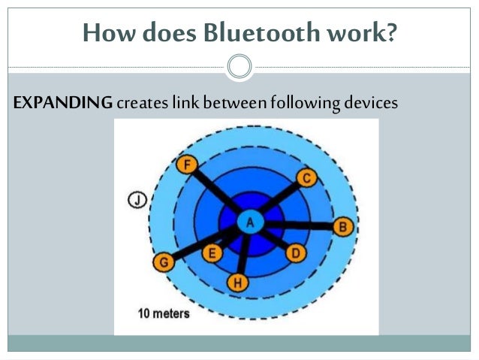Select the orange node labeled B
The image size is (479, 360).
[x=342, y=225]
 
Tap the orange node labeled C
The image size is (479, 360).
[x=306, y=177]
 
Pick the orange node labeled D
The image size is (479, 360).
[x=295, y=253]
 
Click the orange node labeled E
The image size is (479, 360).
[x=212, y=253]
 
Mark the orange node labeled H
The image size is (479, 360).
[x=237, y=282]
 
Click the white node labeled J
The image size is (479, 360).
[x=137, y=200]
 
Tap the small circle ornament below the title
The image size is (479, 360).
[x=239, y=67]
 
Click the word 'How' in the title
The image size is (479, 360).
[x=104, y=33]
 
